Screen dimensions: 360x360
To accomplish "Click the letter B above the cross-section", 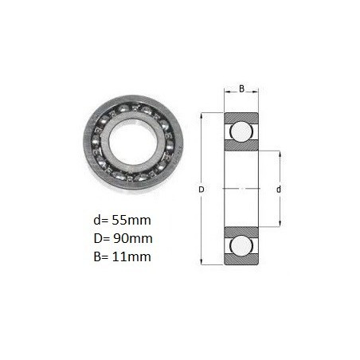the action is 241,88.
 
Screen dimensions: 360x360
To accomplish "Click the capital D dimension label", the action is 202,190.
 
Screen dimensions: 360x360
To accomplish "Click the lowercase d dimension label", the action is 279,190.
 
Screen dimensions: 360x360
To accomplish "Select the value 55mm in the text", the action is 131,220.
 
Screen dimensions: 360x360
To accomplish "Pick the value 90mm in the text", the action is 133,238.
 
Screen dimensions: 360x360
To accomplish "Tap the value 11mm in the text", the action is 131,256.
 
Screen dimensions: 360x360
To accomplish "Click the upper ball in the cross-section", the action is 241,131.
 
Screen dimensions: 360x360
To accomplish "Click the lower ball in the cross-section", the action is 241,245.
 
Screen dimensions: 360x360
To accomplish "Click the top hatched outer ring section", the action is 241,117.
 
